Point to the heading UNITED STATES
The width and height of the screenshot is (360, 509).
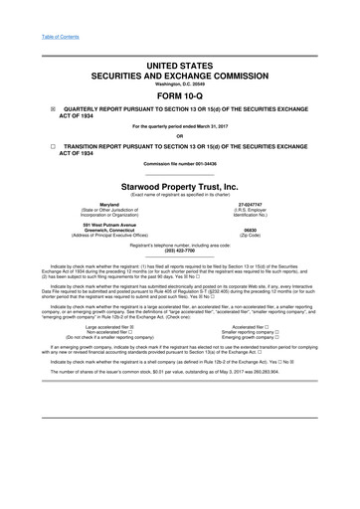coord(180,63)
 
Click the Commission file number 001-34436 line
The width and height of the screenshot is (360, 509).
coord(180,165)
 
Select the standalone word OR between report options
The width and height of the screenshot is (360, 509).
coord(180,136)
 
